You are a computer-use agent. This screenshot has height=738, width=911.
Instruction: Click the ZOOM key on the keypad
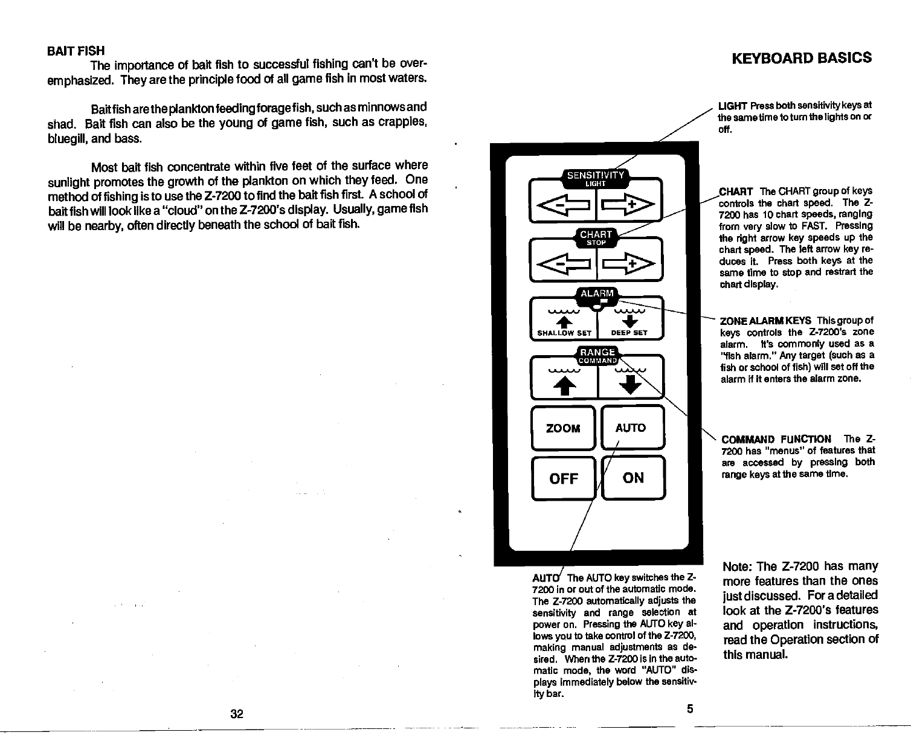(x=562, y=428)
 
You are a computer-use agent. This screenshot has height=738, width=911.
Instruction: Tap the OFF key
(x=562, y=478)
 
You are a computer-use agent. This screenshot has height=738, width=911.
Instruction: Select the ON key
(x=633, y=478)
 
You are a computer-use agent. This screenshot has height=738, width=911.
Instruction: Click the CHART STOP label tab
(x=596, y=237)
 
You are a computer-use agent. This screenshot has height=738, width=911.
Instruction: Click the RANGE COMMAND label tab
(x=597, y=356)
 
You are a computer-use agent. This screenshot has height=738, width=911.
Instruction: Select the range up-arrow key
(x=563, y=379)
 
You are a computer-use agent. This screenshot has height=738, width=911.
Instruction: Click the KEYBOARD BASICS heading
(x=801, y=58)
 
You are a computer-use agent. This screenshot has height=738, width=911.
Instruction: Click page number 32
(x=237, y=714)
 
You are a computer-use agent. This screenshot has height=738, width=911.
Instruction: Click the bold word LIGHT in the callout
(x=730, y=106)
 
